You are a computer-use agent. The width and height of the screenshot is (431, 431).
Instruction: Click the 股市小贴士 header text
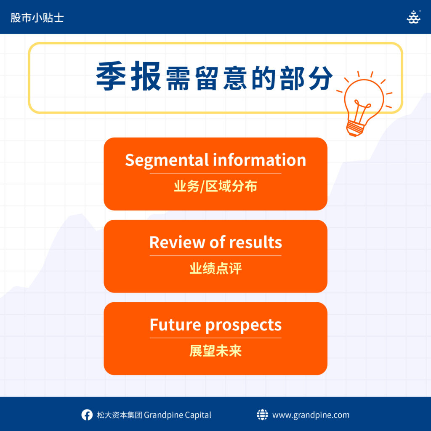(x=37, y=18)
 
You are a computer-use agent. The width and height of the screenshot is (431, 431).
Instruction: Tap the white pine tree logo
(x=413, y=17)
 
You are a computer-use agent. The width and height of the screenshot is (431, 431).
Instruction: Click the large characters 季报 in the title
(x=128, y=76)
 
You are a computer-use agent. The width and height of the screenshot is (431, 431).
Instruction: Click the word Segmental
(x=167, y=160)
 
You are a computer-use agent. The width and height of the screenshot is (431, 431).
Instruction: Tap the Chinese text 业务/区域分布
(x=215, y=186)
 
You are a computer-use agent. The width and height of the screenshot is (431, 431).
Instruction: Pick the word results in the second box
(x=255, y=242)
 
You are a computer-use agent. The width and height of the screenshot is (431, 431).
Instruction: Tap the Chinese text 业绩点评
(x=215, y=268)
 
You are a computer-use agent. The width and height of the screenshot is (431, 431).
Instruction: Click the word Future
(x=176, y=325)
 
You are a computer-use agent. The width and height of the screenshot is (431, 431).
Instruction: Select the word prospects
(x=244, y=325)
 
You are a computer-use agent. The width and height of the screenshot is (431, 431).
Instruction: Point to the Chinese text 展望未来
(x=215, y=351)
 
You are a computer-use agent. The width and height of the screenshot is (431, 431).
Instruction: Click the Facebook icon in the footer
(x=87, y=415)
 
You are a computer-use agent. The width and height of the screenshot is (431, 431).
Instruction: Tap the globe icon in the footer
(x=262, y=415)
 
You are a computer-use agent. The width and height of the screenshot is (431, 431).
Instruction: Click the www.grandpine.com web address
(x=311, y=415)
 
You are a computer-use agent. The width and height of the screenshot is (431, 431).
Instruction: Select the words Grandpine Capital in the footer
(x=178, y=415)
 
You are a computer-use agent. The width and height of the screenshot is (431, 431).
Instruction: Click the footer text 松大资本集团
(x=119, y=415)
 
